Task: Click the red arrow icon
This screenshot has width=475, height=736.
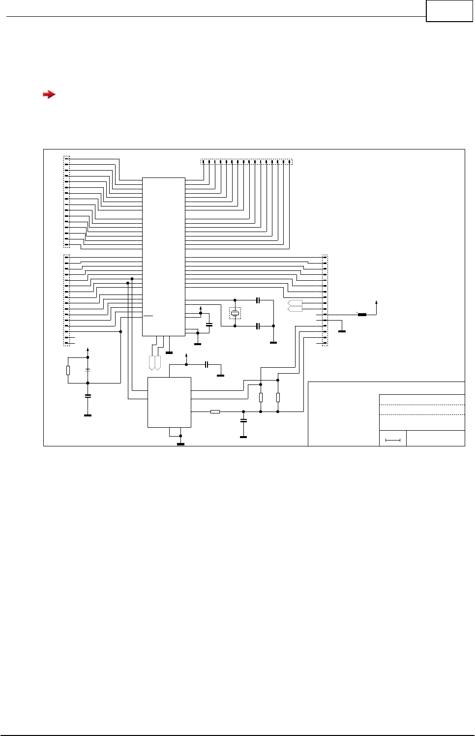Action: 49,94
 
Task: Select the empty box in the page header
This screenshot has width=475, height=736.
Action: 449,11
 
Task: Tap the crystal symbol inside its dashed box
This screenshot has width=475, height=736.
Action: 235,313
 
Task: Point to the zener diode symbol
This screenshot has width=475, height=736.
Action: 88,369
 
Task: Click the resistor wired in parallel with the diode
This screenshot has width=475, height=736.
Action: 68,370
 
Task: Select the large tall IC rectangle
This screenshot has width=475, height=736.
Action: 164,257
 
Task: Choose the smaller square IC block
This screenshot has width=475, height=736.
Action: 169,402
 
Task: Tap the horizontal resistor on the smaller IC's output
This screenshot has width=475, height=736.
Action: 215,412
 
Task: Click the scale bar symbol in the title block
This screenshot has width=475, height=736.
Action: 393,440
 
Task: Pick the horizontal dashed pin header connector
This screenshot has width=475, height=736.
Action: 246,162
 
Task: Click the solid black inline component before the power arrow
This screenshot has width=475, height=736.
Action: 362,315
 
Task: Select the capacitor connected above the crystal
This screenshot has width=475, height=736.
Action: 258,300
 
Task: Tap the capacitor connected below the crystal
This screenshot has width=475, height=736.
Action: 258,326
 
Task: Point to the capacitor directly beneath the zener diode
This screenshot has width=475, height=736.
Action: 88,395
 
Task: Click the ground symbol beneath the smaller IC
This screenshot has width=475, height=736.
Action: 180,444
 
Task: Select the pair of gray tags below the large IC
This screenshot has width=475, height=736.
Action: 155,363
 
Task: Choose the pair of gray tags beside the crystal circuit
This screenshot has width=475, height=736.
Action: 295,306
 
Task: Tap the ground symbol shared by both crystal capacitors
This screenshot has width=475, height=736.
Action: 273,342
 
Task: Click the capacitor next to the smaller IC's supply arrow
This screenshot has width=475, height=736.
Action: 207,364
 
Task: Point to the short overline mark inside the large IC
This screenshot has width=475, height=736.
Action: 148,316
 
